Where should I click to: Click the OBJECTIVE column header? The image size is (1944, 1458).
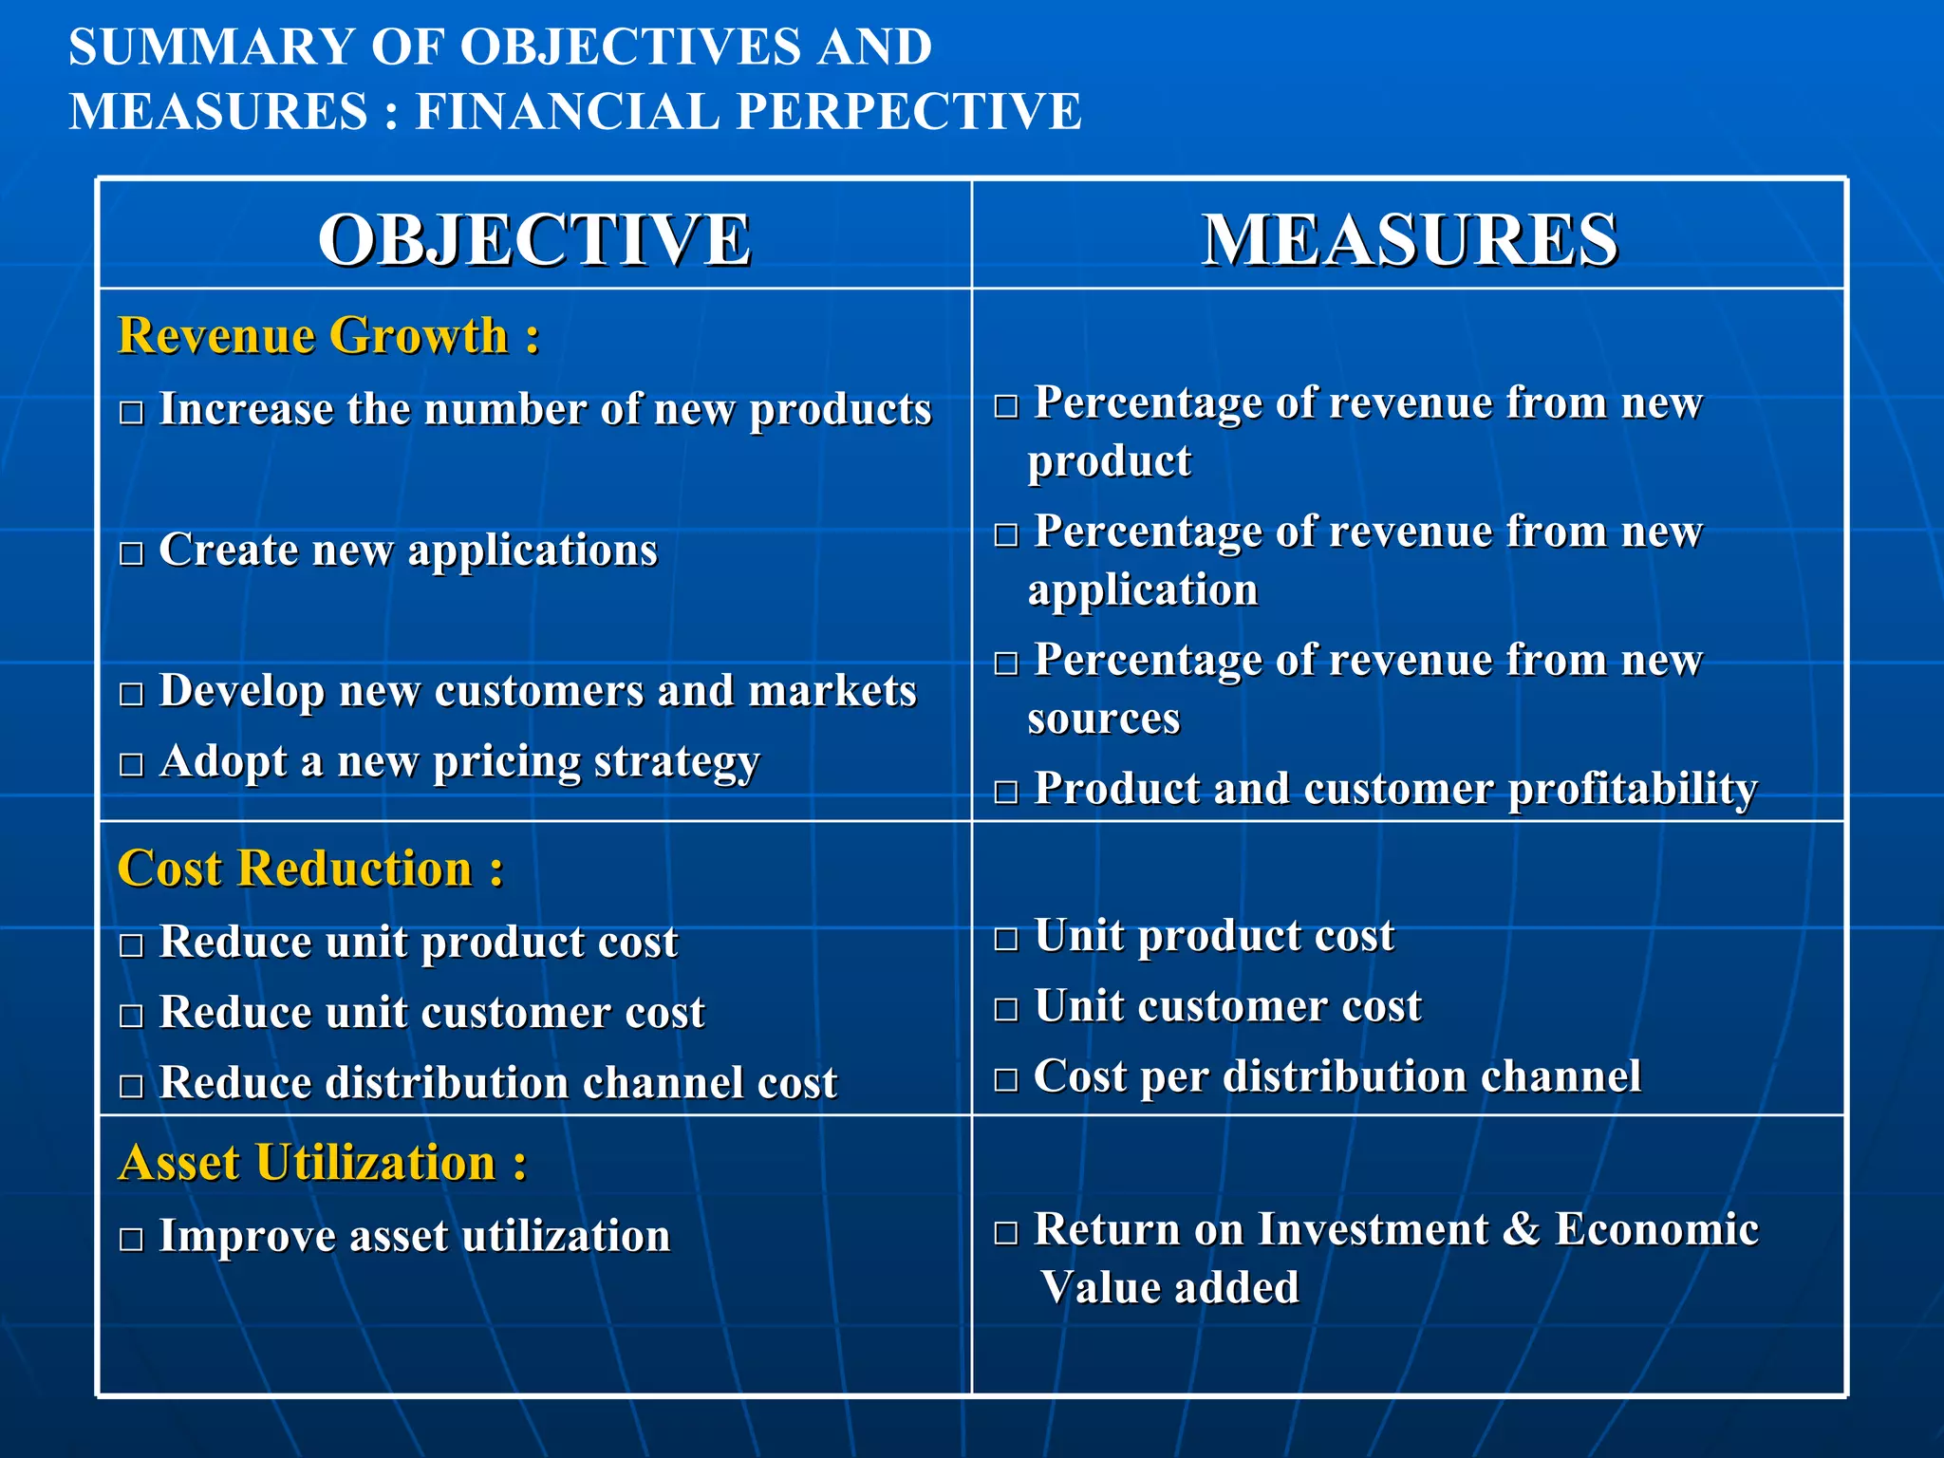(534, 239)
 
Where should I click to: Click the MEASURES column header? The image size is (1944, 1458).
(1410, 239)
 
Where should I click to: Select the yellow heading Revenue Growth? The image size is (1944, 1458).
(328, 336)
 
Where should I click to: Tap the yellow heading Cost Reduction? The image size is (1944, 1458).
(310, 869)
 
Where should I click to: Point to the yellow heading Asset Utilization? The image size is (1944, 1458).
(323, 1163)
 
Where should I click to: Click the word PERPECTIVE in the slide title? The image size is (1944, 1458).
(910, 111)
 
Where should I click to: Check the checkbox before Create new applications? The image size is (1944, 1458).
(131, 553)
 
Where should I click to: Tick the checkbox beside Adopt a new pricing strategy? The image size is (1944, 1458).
(131, 765)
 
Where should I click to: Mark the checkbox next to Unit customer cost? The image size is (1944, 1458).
(1006, 1009)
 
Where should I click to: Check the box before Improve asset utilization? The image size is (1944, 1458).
(131, 1240)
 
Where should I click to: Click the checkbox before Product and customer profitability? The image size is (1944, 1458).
(1006, 792)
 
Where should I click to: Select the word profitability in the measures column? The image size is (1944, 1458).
(1633, 789)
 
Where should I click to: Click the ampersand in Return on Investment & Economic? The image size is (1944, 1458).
(1521, 1228)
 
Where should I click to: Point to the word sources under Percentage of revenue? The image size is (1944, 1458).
(1104, 719)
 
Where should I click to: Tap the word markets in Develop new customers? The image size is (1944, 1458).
(832, 690)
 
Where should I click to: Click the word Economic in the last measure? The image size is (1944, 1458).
(1656, 1228)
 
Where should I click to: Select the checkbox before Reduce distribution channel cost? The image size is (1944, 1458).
(131, 1086)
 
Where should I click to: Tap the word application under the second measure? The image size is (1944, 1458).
(1143, 590)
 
